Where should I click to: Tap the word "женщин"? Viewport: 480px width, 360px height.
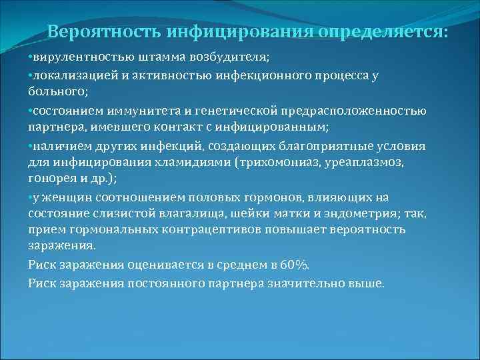(64, 198)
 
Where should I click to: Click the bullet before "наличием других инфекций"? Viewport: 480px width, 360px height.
(31, 146)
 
